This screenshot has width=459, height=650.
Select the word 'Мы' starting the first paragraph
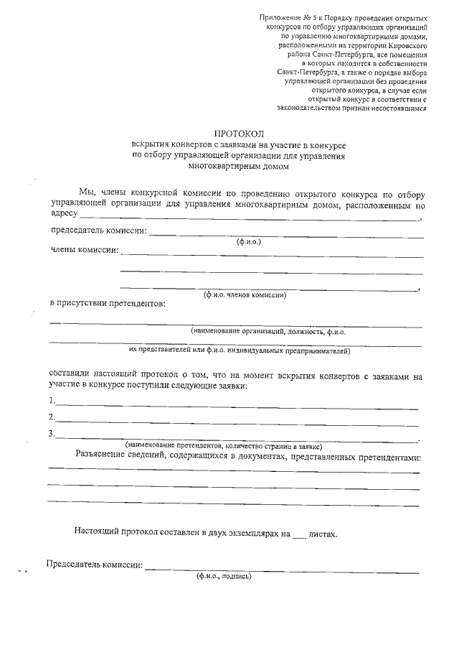(x=86, y=193)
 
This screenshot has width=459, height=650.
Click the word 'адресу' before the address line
(x=64, y=213)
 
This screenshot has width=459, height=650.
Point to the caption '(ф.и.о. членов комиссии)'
(x=245, y=295)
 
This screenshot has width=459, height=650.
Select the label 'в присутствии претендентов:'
(x=107, y=303)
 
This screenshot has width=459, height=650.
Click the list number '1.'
(x=52, y=401)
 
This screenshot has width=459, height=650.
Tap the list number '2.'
(x=52, y=417)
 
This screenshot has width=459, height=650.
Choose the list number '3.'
(x=52, y=433)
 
